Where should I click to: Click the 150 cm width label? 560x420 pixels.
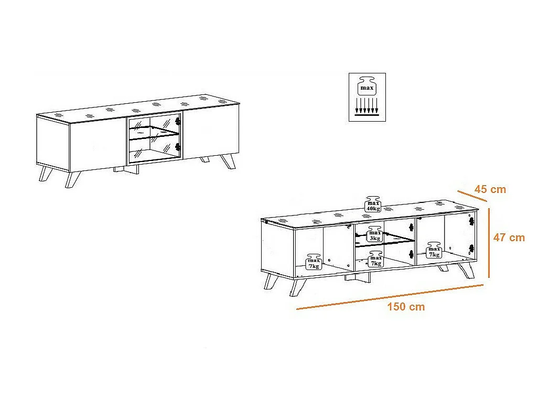coord(406,306)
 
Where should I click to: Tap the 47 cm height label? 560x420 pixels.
coord(509,238)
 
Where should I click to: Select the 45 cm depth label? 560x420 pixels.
coord(490,189)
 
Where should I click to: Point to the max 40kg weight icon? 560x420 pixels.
coord(373,204)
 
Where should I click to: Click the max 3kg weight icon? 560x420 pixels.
coord(374,234)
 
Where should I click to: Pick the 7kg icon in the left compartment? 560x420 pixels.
coord(314,262)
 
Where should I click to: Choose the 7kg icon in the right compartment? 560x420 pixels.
coord(434,250)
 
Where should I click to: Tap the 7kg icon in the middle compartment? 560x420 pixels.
coord(376,259)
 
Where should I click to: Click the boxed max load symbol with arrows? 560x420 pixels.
coord(367,97)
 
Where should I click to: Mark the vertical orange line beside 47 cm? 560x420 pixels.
coord(489,243)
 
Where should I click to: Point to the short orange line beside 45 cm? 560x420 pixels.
coord(472,196)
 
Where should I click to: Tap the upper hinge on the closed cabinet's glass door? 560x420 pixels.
coord(178,122)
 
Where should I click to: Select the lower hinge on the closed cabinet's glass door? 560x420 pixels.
coord(178,147)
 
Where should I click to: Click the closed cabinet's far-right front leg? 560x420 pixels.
coord(227,161)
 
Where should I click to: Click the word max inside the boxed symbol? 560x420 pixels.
coord(367,88)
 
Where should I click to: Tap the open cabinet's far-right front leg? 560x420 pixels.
coord(467,271)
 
